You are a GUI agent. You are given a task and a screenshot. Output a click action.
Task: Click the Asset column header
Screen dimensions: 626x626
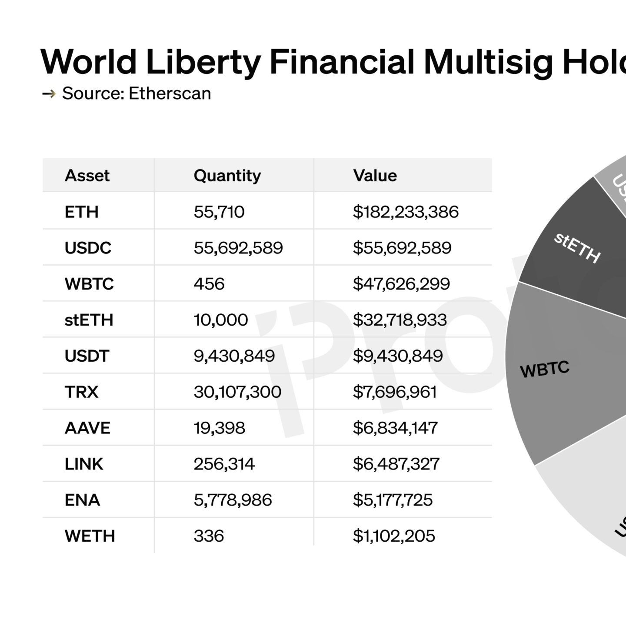(87, 176)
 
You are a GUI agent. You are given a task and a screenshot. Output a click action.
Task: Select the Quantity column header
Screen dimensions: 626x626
(227, 176)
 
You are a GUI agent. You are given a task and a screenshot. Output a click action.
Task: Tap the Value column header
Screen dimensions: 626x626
(375, 176)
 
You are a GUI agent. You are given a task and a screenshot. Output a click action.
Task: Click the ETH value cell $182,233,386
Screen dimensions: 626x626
(406, 212)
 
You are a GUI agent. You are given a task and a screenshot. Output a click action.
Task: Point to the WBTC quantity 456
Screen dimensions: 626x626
(209, 284)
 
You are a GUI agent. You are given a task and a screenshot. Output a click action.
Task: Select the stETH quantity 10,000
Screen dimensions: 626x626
(221, 320)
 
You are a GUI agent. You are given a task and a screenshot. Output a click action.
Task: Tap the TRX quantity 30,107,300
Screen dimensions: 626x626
(237, 392)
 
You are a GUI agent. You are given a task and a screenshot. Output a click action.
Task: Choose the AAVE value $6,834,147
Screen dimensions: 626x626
(395, 428)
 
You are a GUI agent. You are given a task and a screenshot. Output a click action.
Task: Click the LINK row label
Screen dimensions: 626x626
(84, 464)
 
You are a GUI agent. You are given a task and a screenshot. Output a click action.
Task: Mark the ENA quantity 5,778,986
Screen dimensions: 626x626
(233, 500)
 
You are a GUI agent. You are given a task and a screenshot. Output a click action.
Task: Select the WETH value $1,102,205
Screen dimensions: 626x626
(394, 536)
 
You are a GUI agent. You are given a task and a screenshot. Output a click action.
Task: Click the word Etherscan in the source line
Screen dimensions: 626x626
(170, 93)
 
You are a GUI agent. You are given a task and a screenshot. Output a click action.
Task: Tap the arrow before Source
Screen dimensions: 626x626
(49, 93)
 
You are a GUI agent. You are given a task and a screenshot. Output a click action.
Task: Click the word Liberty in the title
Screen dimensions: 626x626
(203, 62)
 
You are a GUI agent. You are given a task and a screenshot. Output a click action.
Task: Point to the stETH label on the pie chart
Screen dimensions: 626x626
(577, 248)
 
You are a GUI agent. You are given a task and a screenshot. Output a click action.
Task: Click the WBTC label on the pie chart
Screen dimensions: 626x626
(545, 370)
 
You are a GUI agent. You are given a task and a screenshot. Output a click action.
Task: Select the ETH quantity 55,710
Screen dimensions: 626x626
(219, 212)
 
